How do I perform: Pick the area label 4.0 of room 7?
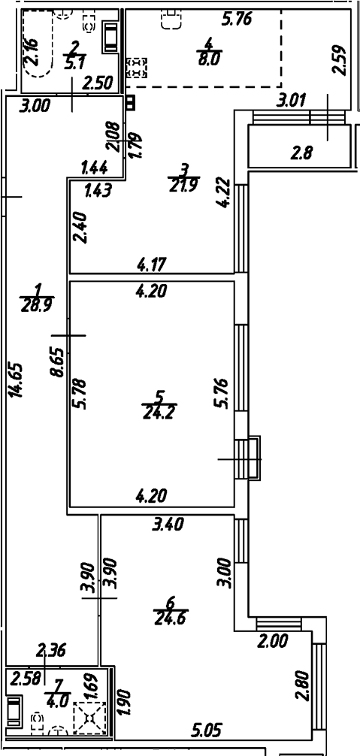pyautogui.click(x=54, y=698)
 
